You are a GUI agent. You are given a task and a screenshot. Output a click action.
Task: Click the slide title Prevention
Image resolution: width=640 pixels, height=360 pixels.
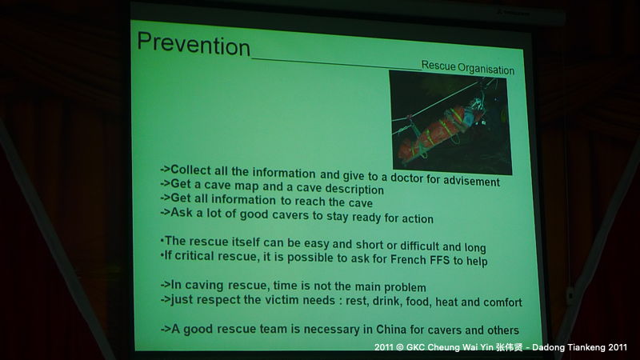(x=194, y=43)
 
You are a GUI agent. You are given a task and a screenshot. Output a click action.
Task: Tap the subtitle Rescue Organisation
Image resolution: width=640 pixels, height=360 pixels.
(x=468, y=68)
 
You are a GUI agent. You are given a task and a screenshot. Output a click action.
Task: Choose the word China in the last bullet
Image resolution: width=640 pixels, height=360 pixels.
(x=391, y=329)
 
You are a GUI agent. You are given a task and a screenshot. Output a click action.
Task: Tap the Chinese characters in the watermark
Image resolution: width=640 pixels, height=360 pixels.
(x=509, y=347)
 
